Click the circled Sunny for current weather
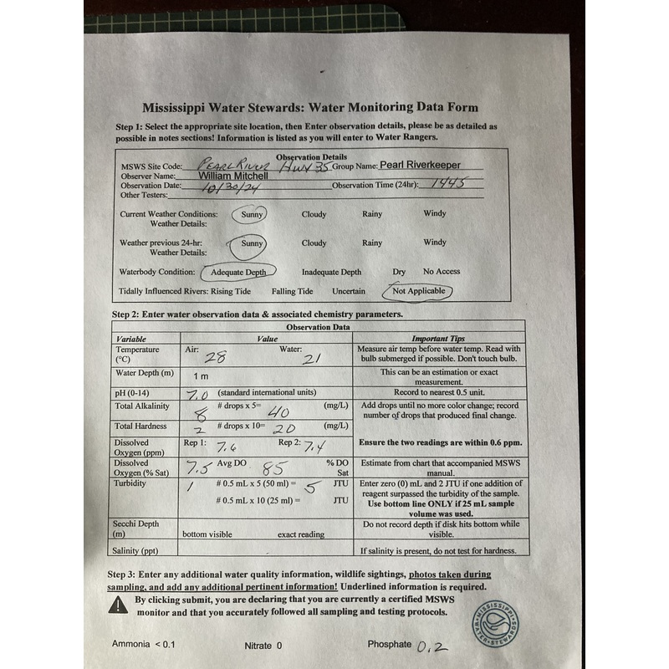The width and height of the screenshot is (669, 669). [x=252, y=215]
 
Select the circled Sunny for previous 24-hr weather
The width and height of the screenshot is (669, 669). [x=252, y=243]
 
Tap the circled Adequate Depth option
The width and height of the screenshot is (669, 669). [x=238, y=272]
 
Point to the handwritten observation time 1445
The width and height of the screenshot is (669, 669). [x=446, y=184]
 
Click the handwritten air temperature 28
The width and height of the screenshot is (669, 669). [x=216, y=357]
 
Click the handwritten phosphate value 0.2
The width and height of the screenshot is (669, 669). [x=433, y=646]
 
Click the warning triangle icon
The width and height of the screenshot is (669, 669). [x=119, y=605]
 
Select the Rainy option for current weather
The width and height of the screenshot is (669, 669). [x=372, y=215]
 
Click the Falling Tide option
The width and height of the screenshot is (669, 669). [x=292, y=292]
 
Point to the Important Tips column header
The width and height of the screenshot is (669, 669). [x=439, y=339]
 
